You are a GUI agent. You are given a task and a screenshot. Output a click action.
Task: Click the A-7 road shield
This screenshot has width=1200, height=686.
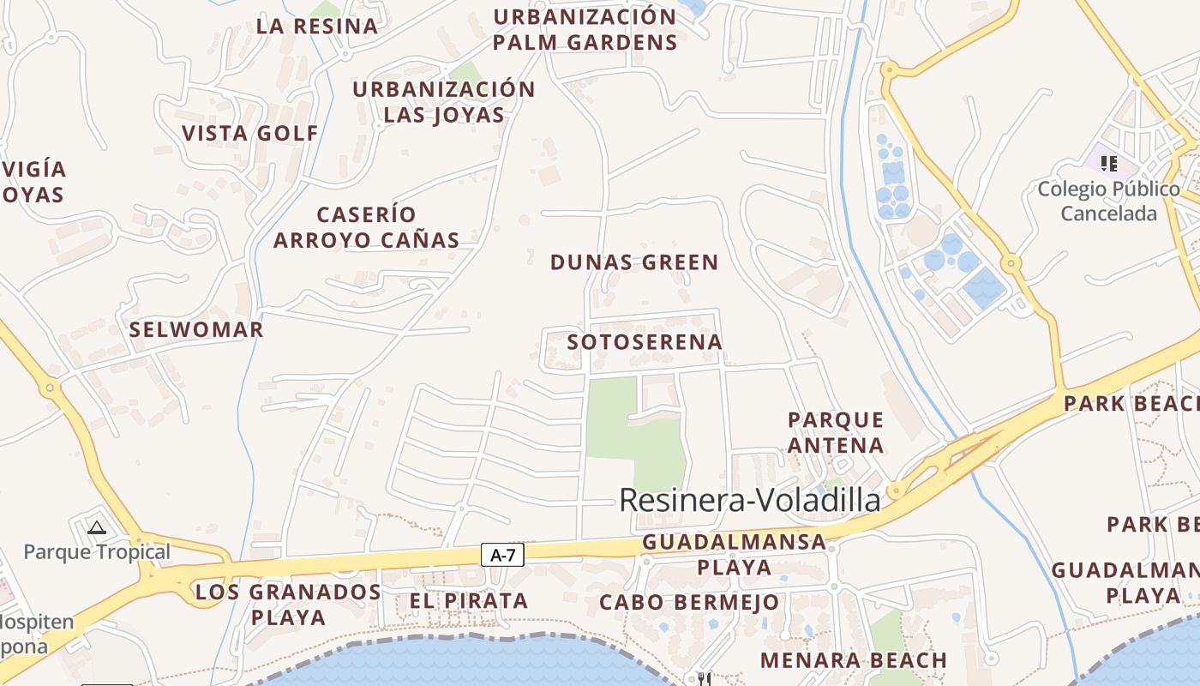pyautogui.click(x=502, y=555)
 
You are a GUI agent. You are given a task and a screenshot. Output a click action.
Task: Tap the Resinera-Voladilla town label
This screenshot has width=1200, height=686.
pyautogui.click(x=750, y=500)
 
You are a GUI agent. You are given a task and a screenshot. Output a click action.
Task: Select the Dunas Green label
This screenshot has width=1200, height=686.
pyautogui.click(x=634, y=262)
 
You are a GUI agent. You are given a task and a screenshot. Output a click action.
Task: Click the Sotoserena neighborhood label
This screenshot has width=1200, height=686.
pyautogui.click(x=645, y=342)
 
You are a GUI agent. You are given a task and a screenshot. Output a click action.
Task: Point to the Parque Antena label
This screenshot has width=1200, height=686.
pyautogui.click(x=836, y=432)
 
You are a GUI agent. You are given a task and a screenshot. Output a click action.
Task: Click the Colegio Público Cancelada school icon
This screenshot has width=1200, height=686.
pyautogui.click(x=1109, y=163)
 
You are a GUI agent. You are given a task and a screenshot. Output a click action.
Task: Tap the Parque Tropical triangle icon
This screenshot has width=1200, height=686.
pyautogui.click(x=97, y=527)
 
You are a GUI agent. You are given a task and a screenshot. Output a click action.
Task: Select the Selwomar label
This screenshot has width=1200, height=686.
pyautogui.click(x=196, y=329)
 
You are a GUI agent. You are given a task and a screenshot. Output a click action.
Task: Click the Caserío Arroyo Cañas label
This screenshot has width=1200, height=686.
pyautogui.click(x=366, y=227)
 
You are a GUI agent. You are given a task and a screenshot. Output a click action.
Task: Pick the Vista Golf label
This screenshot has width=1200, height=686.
pyautogui.click(x=250, y=133)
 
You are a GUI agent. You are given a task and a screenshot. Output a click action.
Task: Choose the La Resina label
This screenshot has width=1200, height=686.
pyautogui.click(x=317, y=26)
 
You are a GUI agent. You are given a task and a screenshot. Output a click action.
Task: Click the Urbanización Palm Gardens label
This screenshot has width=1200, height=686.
pyautogui.click(x=585, y=29)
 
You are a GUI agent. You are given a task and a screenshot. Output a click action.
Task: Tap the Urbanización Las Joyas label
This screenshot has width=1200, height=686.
pyautogui.click(x=444, y=101)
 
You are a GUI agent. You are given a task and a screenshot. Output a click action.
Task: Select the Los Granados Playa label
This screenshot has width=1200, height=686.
pyautogui.click(x=288, y=604)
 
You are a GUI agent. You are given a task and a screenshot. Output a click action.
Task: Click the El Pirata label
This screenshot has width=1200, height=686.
pyautogui.click(x=468, y=601)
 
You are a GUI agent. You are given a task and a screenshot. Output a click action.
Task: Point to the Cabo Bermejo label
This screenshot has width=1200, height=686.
pyautogui.click(x=689, y=603)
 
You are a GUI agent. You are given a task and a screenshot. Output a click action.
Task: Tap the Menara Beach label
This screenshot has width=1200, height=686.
pyautogui.click(x=853, y=660)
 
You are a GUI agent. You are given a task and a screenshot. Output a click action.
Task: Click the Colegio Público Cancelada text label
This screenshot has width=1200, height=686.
pyautogui.click(x=1108, y=201)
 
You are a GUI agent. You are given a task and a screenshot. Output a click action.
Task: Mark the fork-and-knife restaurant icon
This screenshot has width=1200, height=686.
pyautogui.click(x=704, y=679)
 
